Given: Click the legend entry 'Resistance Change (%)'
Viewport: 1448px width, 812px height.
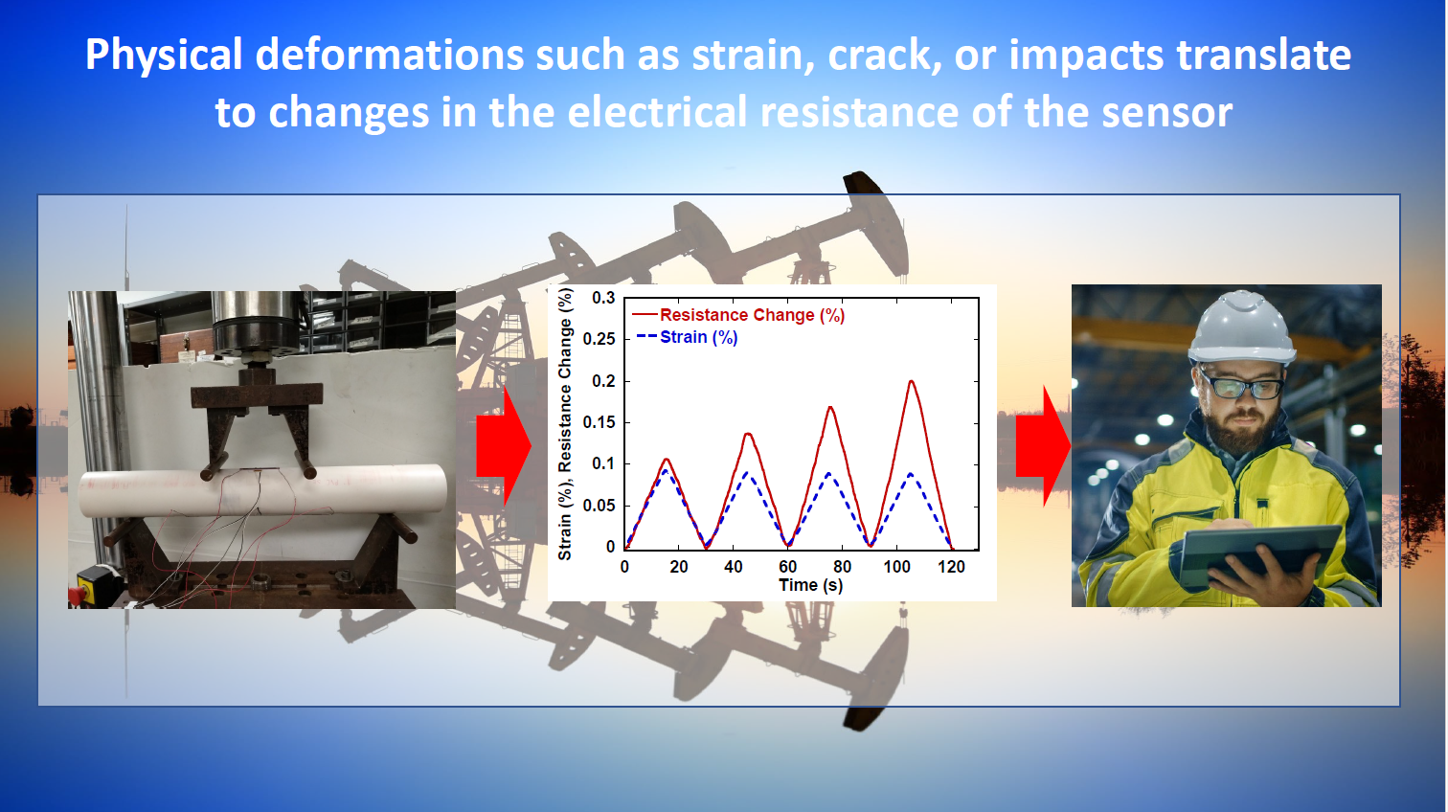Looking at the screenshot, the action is (x=738, y=315).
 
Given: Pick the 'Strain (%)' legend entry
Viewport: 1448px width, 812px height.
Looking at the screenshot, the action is (x=688, y=337).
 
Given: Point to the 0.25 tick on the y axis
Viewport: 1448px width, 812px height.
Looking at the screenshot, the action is (x=599, y=339).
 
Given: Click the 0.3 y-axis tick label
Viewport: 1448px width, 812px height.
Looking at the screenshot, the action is (x=603, y=298).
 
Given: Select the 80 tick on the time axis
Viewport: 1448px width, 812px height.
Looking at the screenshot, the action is (x=842, y=567).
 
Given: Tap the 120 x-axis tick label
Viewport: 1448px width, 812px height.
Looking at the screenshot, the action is (x=951, y=567).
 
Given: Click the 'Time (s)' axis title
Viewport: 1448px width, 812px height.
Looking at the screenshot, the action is (x=810, y=586).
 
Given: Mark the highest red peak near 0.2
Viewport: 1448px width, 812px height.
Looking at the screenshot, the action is (x=912, y=381).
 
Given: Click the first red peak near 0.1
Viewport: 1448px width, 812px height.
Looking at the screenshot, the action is (x=666, y=460).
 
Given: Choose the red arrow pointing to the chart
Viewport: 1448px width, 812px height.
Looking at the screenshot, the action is (x=504, y=445).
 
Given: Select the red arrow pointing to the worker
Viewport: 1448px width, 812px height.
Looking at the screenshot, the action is (x=1043, y=446).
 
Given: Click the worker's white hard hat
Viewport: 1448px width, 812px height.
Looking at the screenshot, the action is (x=1242, y=327).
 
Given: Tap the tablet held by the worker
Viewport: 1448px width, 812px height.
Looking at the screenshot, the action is (x=1260, y=554).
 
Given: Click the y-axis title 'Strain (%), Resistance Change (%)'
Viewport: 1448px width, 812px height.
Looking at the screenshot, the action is (x=565, y=424).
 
